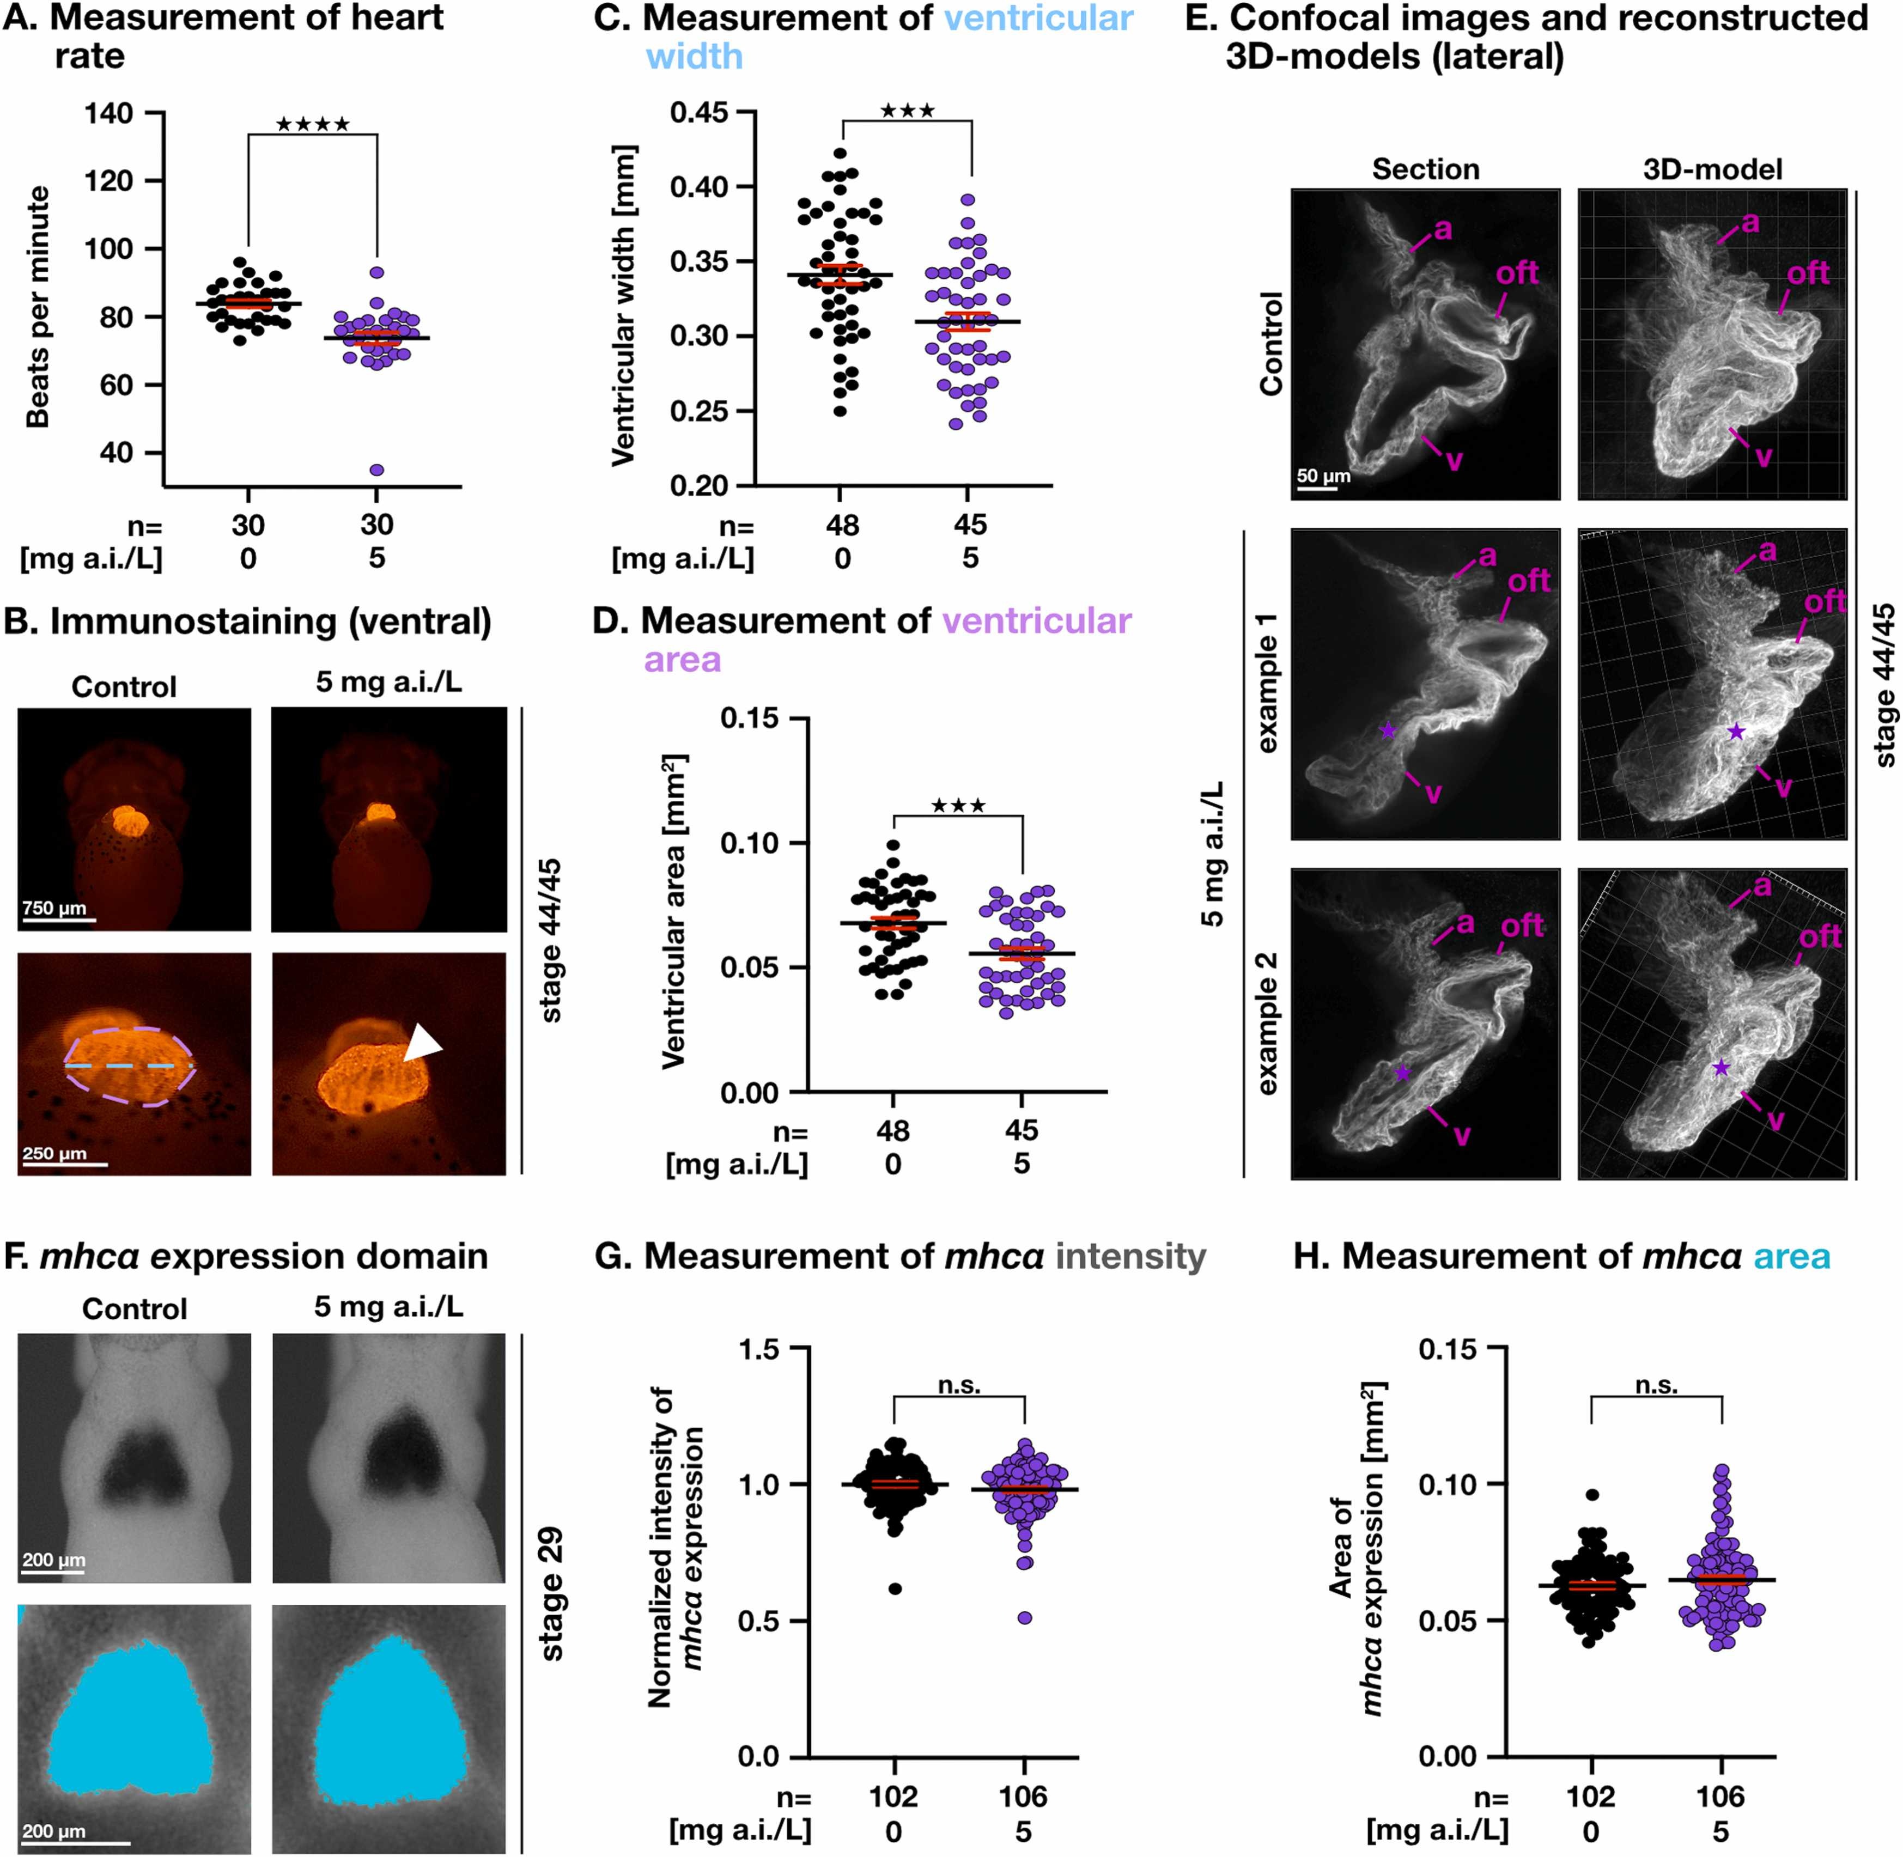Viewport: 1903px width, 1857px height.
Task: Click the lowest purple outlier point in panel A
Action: pos(376,470)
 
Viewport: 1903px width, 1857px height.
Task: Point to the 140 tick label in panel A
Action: pos(108,114)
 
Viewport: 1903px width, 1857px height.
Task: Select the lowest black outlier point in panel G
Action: pos(895,1589)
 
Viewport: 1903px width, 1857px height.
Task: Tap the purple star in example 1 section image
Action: pos(1388,730)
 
